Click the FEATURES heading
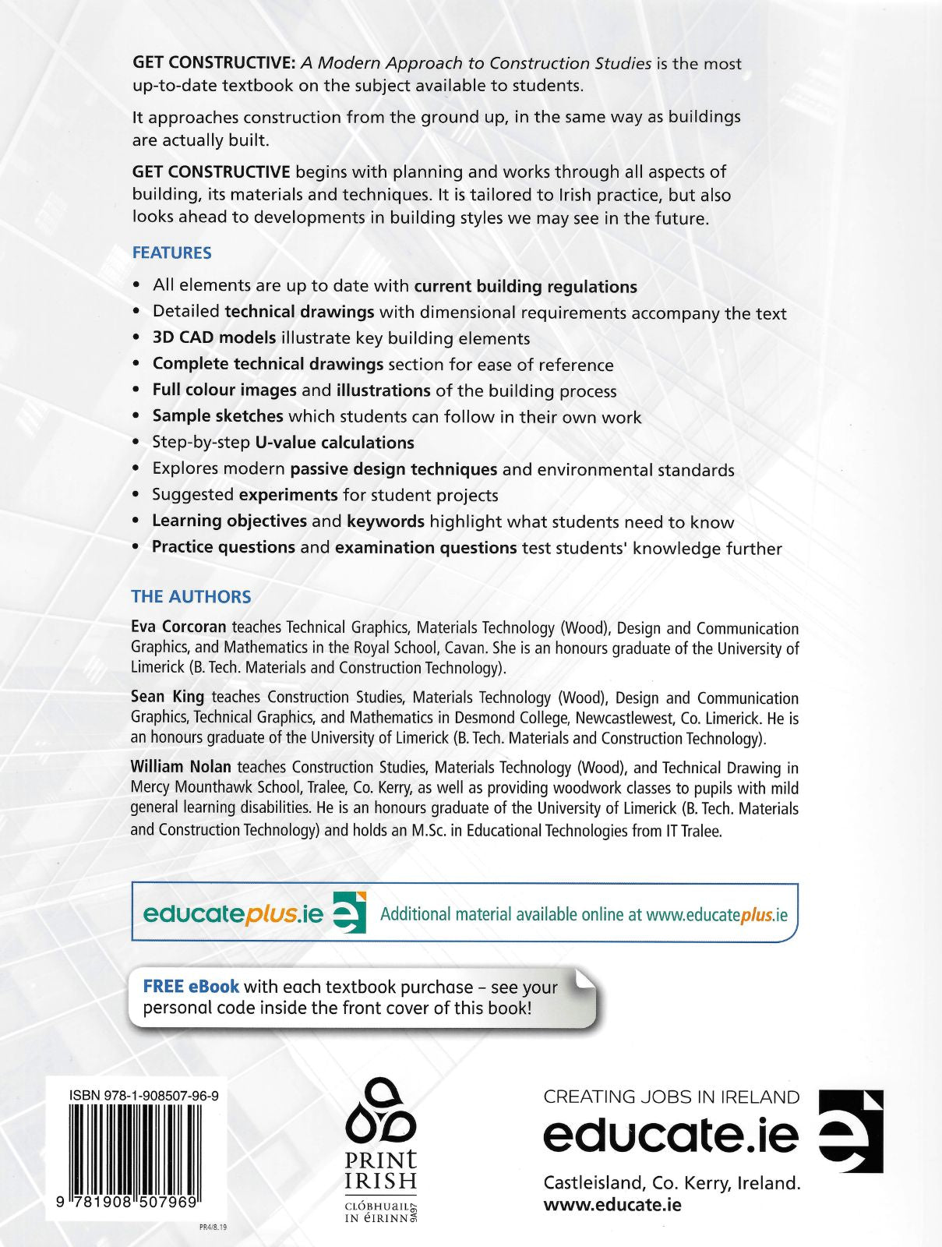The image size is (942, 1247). pyautogui.click(x=171, y=253)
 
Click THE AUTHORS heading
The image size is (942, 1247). pyautogui.click(x=191, y=596)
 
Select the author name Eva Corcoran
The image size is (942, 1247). pyautogui.click(x=178, y=627)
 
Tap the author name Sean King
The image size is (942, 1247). pyautogui.click(x=168, y=696)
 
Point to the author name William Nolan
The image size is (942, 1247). pyautogui.click(x=181, y=766)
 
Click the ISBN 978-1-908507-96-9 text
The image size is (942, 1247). pyautogui.click(x=144, y=1095)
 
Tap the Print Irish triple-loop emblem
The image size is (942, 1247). pyautogui.click(x=381, y=1113)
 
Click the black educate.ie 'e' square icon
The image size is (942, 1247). pyautogui.click(x=852, y=1131)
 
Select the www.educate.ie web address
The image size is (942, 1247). pyautogui.click(x=612, y=1204)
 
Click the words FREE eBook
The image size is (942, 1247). pyautogui.click(x=191, y=986)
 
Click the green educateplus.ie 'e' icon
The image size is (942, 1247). pyautogui.click(x=349, y=913)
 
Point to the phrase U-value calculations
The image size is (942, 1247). pyautogui.click(x=334, y=443)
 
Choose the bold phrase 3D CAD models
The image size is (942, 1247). pyautogui.click(x=214, y=337)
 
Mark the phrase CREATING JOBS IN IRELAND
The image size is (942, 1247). pyautogui.click(x=671, y=1097)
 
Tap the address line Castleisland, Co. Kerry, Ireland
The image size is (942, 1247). pyautogui.click(x=671, y=1182)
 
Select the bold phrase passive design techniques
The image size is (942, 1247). pyautogui.click(x=393, y=469)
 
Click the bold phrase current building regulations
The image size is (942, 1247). pyautogui.click(x=525, y=286)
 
